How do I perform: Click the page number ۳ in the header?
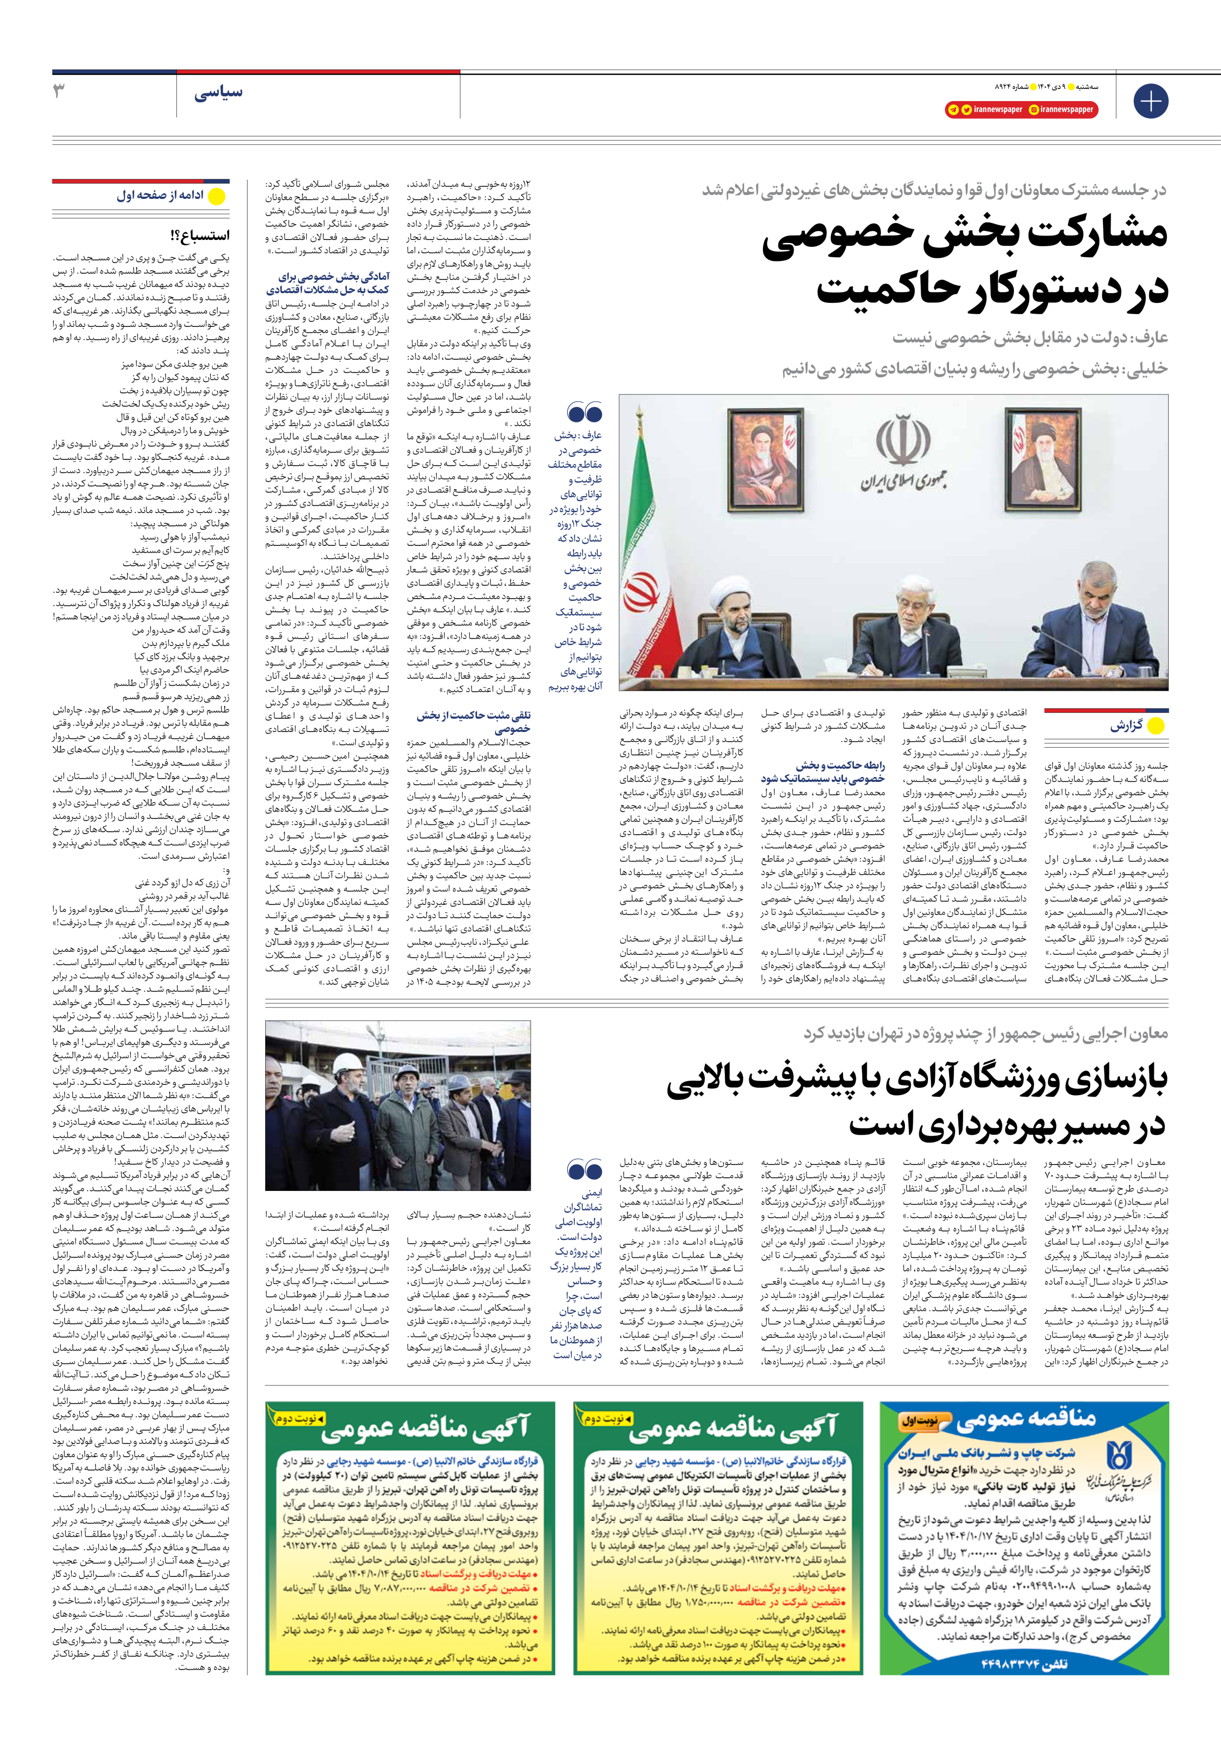click(x=59, y=91)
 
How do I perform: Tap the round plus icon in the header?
click(x=1150, y=101)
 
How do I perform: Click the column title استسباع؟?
click(x=200, y=235)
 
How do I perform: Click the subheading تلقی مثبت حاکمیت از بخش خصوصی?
click(x=473, y=722)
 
